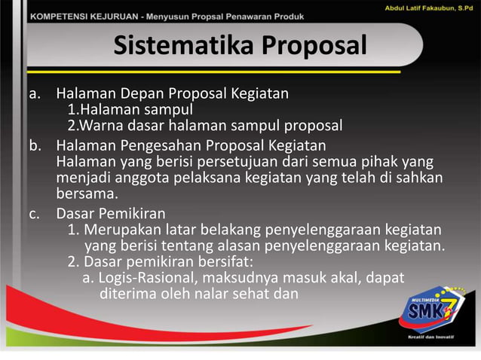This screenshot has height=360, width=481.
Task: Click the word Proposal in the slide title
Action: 314,47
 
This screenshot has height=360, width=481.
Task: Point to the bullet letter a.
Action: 34,94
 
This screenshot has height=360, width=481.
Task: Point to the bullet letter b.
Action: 34,145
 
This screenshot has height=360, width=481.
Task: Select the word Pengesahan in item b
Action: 164,145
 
